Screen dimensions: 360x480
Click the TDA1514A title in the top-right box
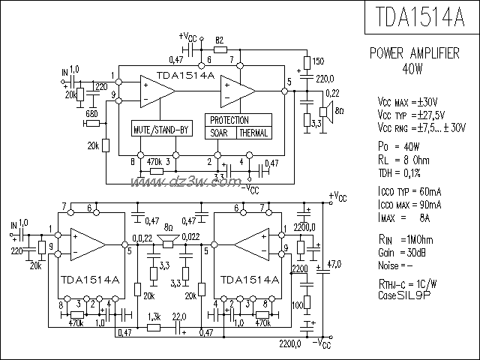tap(420, 17)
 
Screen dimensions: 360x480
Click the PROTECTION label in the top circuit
tap(229, 120)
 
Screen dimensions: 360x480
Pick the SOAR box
tap(220, 133)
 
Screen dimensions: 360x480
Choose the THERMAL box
tap(253, 133)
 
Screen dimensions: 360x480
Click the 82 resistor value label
tap(220, 39)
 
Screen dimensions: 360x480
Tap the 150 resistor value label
tap(319, 61)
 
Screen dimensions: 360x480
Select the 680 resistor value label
tap(91, 112)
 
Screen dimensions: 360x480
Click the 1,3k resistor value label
tap(154, 316)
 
